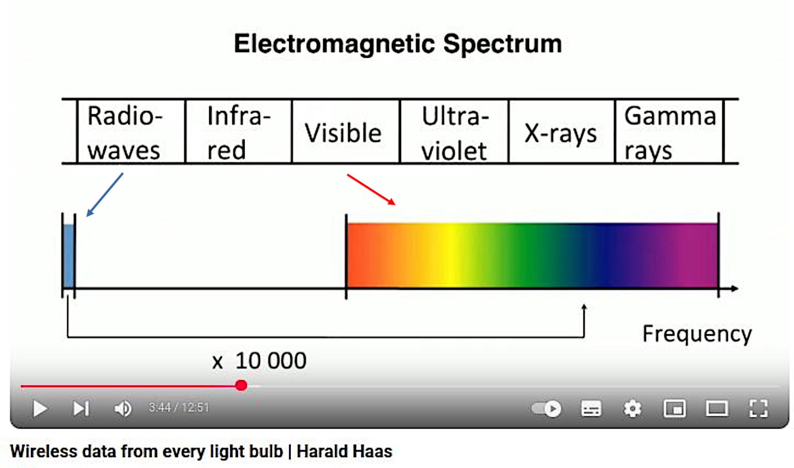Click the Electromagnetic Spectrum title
398,44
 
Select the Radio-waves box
131,131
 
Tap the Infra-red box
239,131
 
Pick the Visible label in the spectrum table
343,133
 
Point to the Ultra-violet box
454,131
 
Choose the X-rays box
562,131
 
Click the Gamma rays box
669,131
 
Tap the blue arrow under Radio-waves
105,195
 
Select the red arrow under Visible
371,190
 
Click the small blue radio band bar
69,256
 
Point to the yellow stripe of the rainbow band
450,255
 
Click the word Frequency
697,334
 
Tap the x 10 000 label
259,361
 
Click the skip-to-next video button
81,409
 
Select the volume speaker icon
123,409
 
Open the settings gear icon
632,409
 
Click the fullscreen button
758,409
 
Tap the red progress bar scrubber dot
242,385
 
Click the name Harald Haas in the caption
344,451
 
